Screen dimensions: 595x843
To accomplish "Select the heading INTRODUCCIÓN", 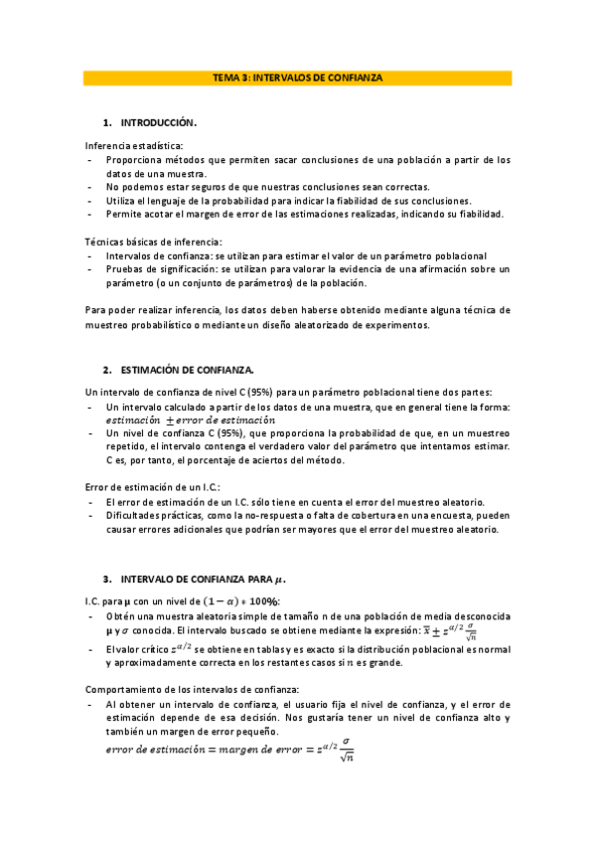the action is (158, 123).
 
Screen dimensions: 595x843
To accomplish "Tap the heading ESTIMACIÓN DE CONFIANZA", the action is (187, 369).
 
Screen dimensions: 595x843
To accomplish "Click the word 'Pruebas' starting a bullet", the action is (126, 268).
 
